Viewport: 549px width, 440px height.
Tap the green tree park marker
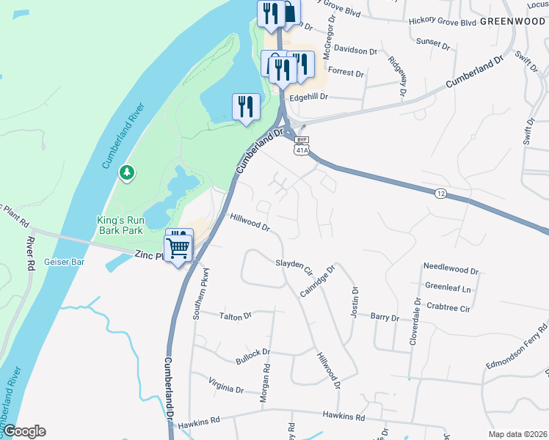[128, 172]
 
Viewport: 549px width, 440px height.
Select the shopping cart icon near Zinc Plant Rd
[178, 247]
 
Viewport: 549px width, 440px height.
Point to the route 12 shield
[440, 193]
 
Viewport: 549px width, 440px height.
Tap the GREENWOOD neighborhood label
[513, 21]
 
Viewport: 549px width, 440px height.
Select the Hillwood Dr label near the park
[250, 222]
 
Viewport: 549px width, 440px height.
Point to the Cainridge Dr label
[317, 281]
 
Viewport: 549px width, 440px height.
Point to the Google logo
[23, 431]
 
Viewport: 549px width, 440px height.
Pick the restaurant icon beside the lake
[246, 107]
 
